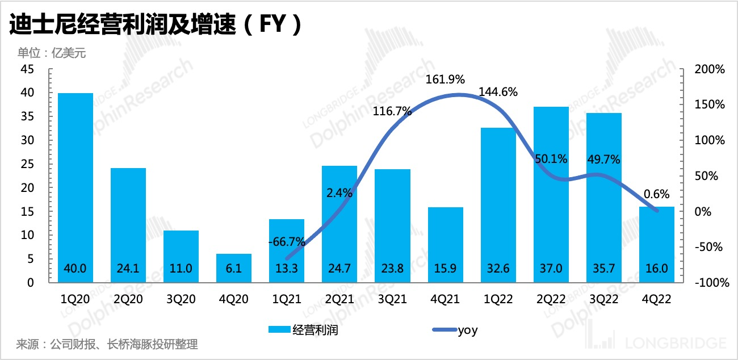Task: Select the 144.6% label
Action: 498,91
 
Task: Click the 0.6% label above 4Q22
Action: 657,193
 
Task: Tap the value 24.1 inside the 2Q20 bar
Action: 128,269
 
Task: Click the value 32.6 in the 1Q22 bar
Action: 498,269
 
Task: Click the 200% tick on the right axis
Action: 710,69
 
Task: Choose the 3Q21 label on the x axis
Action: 392,299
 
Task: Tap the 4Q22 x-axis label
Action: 657,299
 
